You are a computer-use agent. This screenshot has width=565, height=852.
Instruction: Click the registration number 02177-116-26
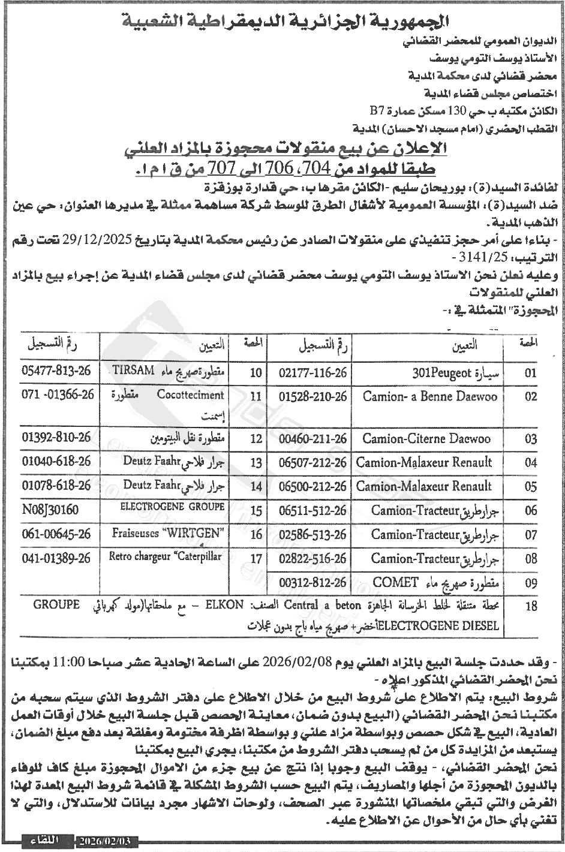click(x=313, y=372)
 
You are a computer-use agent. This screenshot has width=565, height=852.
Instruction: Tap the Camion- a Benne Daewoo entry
click(x=429, y=397)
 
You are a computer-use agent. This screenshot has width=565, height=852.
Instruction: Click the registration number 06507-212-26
click(x=313, y=462)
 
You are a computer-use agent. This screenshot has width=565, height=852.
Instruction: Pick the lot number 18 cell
click(x=531, y=606)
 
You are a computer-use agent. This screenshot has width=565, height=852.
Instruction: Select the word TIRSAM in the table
click(x=133, y=369)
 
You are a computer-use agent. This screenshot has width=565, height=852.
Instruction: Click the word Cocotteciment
click(x=191, y=395)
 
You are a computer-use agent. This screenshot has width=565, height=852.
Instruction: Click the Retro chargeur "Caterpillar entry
click(x=165, y=556)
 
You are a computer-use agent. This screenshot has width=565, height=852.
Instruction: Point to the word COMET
click(x=392, y=582)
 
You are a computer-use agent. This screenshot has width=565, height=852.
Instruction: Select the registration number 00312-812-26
click(x=313, y=582)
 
